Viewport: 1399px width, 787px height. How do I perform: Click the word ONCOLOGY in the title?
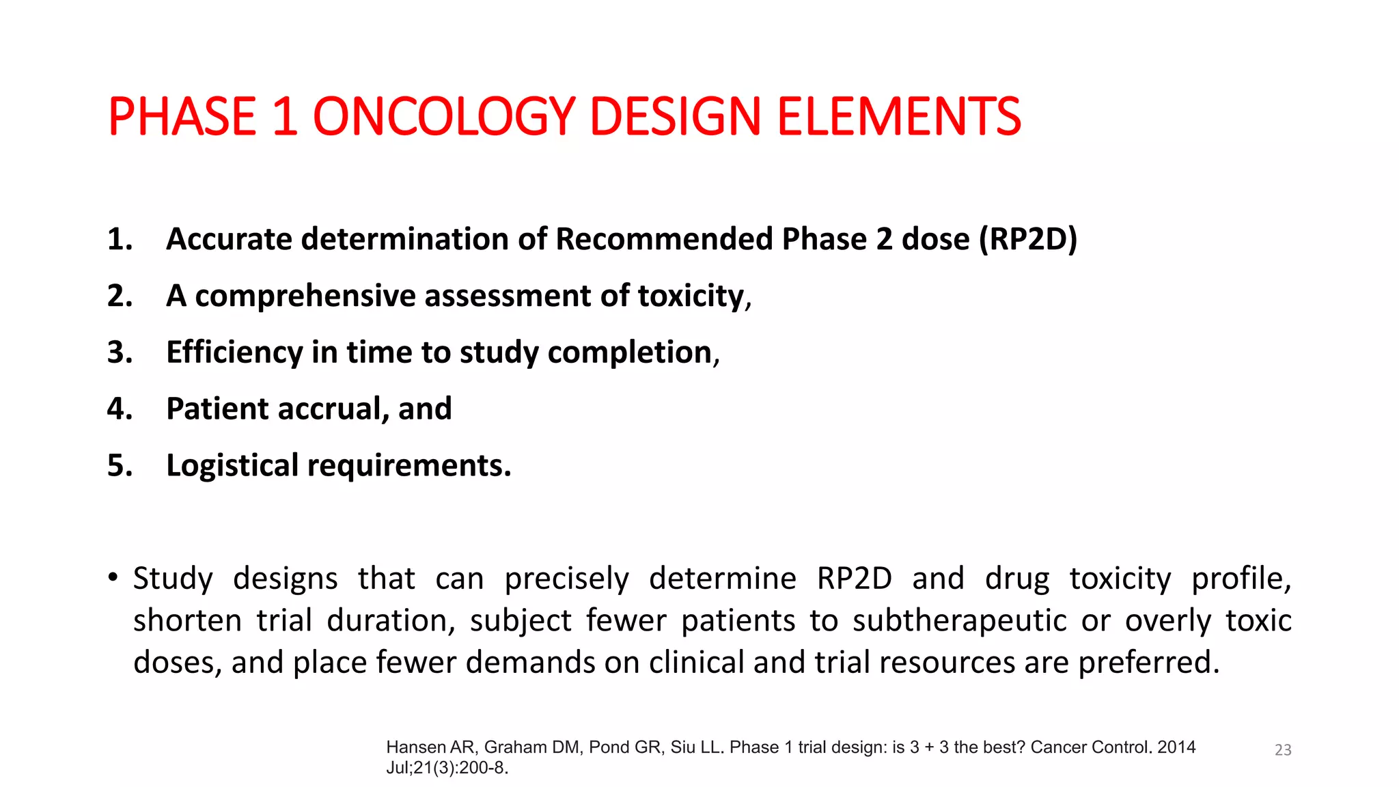click(x=443, y=116)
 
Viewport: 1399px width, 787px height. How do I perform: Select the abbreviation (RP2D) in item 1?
click(x=1028, y=239)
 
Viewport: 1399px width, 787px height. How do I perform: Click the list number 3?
click(x=120, y=353)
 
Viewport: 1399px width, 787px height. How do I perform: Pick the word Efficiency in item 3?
click(x=234, y=353)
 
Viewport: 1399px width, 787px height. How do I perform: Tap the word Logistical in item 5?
click(x=232, y=466)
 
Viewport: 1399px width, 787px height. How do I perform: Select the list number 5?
click(x=120, y=466)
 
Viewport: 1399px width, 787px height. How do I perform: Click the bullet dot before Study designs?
click(x=113, y=577)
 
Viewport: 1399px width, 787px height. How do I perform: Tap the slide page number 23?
click(x=1283, y=750)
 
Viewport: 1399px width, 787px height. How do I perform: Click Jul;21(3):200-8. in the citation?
click(x=447, y=768)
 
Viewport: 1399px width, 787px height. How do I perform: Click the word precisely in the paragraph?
click(x=566, y=579)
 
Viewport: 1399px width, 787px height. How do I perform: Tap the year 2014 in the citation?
click(x=1176, y=747)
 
